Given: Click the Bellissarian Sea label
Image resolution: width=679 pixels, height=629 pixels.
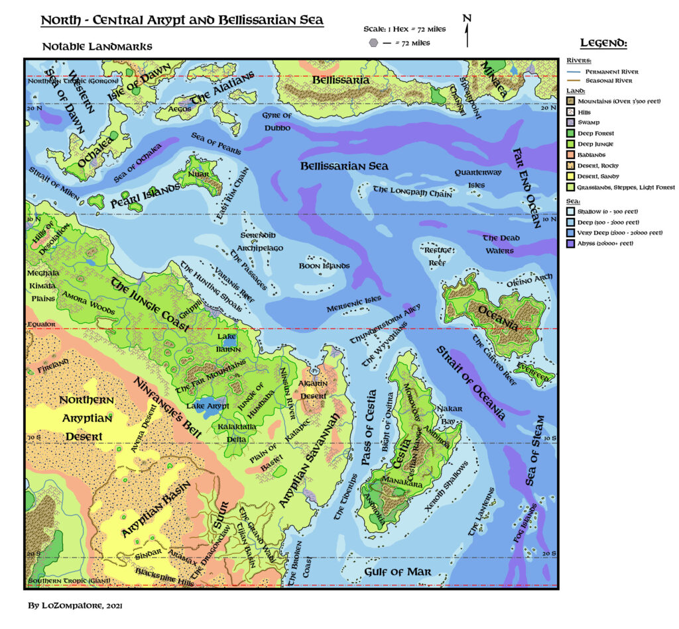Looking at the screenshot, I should pyautogui.click(x=344, y=166).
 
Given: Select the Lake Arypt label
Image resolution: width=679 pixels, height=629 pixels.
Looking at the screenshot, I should pyautogui.click(x=208, y=405).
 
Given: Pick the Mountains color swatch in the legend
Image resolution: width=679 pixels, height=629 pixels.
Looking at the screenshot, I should pyautogui.click(x=571, y=101).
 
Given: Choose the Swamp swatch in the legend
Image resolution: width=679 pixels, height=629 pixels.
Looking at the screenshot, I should pyautogui.click(x=571, y=122).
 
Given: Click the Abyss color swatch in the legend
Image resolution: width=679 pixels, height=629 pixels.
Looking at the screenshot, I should pyautogui.click(x=571, y=243).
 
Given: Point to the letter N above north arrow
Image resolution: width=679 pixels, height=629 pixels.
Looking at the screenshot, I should pyautogui.click(x=467, y=18).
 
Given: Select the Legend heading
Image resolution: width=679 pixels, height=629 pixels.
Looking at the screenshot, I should pyautogui.click(x=603, y=43).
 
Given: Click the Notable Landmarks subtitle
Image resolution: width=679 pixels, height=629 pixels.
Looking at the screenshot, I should pyautogui.click(x=97, y=46).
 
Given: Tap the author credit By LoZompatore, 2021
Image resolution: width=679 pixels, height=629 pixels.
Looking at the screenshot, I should pyautogui.click(x=75, y=605).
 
